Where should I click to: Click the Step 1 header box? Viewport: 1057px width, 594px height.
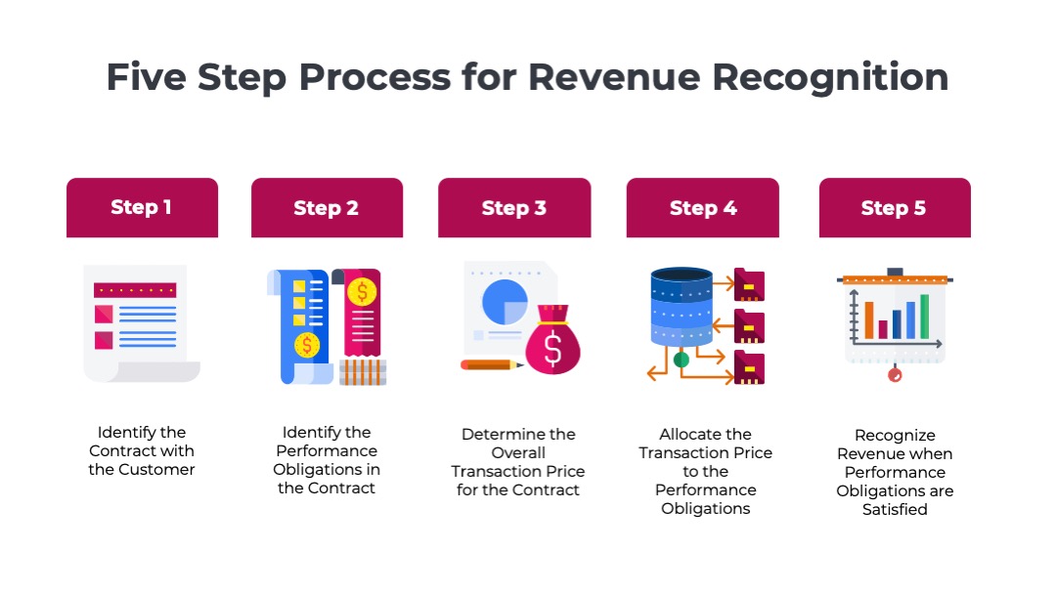point(142,207)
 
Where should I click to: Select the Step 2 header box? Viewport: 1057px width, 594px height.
point(327,207)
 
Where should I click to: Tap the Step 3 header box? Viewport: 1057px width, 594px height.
point(514,207)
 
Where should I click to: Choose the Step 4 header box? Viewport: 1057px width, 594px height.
point(702,207)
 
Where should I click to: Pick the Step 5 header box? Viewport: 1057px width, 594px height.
point(894,207)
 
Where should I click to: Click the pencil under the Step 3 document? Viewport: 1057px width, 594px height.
point(492,364)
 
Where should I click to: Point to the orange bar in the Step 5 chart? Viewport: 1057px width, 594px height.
point(868,319)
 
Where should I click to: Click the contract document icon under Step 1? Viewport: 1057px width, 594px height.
point(136,322)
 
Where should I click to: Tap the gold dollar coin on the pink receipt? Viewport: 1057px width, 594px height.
point(363,290)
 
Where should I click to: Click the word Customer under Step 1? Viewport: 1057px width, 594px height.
point(155,470)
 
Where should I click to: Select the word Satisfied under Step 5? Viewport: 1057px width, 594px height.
point(895,510)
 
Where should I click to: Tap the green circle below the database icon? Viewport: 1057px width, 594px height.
point(682,360)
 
